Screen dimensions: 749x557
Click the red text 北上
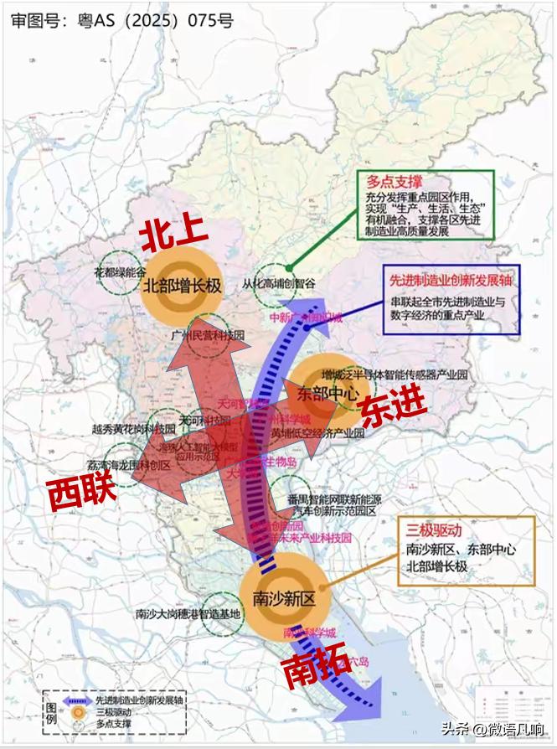click(x=171, y=236)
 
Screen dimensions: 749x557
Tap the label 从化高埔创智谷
click(x=279, y=283)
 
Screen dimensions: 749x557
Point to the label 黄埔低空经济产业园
click(x=317, y=433)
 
